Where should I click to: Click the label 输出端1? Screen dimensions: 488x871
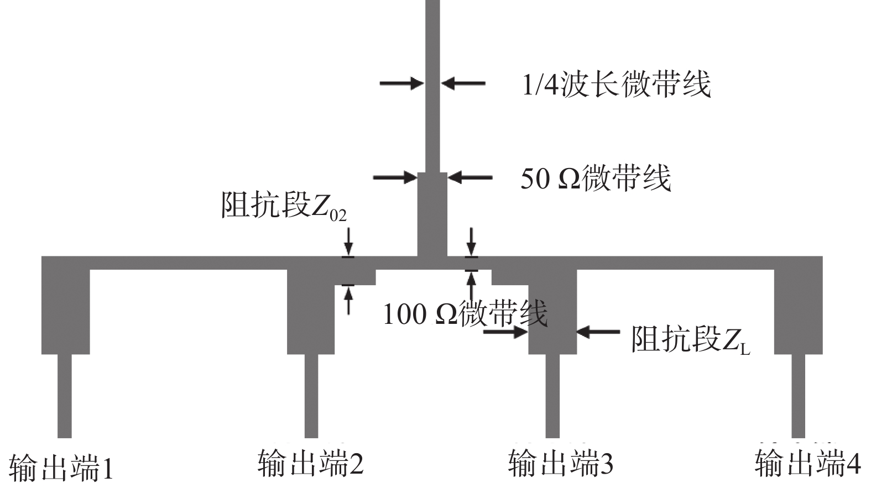tap(61, 468)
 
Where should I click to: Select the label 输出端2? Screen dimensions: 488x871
tap(310, 463)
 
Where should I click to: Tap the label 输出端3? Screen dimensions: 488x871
tap(560, 463)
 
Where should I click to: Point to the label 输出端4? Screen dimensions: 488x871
tap(807, 463)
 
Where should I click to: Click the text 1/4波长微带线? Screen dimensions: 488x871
tap(616, 85)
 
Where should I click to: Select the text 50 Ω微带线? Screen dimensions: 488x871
tap(596, 178)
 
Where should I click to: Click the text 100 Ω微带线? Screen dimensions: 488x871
tap(465, 313)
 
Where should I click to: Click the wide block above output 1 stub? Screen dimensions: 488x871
tap(65, 309)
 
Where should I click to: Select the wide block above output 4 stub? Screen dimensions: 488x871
tap(798, 309)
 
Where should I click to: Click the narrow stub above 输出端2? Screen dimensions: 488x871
tap(311, 395)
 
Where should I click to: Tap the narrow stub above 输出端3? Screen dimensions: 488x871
tap(552, 395)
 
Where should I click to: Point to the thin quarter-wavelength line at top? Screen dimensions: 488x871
tap(432, 83)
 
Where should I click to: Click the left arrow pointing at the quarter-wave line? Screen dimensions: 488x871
tap(401, 83)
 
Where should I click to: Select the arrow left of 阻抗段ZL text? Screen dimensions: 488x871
tap(598, 332)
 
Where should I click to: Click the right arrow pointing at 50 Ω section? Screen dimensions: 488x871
tap(470, 177)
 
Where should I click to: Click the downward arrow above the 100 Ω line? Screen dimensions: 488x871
tap(471, 242)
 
